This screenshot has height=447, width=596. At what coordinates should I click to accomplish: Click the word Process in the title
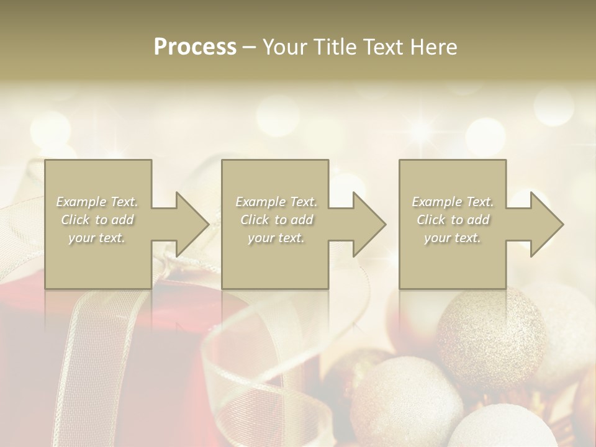click(x=195, y=47)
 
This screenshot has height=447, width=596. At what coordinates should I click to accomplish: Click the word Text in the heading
click(x=382, y=47)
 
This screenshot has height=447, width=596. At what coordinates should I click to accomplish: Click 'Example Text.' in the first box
click(x=97, y=202)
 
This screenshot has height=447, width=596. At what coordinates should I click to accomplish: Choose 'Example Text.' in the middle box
click(x=276, y=202)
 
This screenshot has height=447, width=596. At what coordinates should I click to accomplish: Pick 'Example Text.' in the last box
click(x=453, y=202)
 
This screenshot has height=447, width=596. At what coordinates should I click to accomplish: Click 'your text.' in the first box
click(x=97, y=238)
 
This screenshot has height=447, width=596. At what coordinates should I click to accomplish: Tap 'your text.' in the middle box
click(x=276, y=238)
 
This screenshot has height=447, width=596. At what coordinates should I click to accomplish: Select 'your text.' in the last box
click(x=453, y=238)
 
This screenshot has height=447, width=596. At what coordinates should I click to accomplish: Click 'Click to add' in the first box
click(x=97, y=220)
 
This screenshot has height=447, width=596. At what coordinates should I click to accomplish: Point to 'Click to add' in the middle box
click(x=276, y=220)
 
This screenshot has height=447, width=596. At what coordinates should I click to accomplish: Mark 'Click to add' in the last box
click(x=453, y=220)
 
